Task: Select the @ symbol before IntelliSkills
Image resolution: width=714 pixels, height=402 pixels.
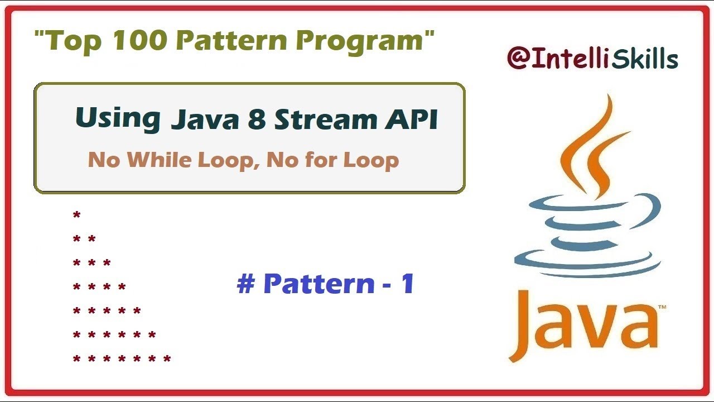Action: (518, 58)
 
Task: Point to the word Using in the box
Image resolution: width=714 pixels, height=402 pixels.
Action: (118, 118)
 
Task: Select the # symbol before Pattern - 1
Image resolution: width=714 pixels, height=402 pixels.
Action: (245, 284)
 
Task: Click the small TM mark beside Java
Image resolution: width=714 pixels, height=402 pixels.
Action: (663, 308)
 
